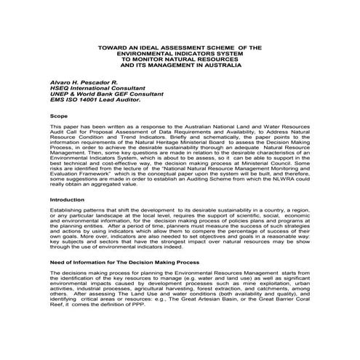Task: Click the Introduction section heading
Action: tap(68, 199)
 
